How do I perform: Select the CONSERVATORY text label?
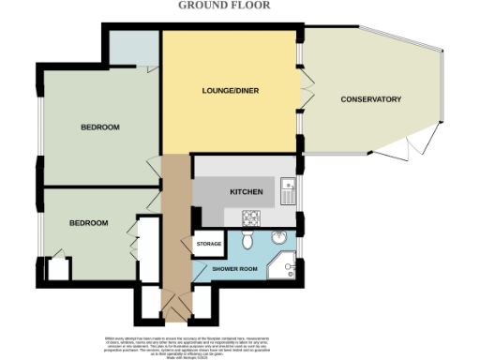[370, 99]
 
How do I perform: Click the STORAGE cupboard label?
[208, 244]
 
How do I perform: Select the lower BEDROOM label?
[89, 223]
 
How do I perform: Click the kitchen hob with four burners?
[251, 217]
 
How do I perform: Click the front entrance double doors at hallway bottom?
[171, 302]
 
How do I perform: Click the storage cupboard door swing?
[199, 233]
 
